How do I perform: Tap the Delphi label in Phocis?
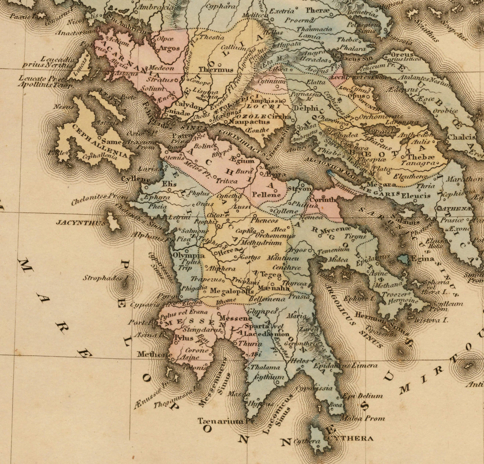coord(305,108)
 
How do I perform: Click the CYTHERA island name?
coord(351,439)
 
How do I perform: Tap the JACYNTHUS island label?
coord(79,222)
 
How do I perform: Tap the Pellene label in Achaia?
coord(266,194)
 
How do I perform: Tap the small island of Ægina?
coord(403,259)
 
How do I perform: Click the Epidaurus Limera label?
coord(345,366)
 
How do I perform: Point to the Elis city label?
coord(169,184)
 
